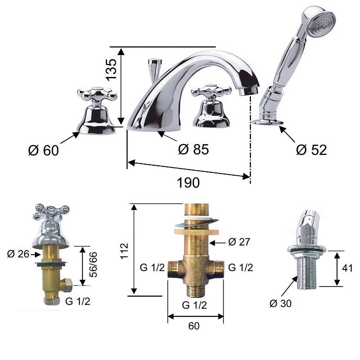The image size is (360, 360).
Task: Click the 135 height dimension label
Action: [x=112, y=69]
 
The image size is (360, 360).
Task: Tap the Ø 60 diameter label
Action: [x=44, y=150]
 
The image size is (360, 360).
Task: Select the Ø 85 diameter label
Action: [x=193, y=149]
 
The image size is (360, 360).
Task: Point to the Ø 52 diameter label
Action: [x=311, y=150]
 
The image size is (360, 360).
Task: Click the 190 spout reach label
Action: [x=188, y=183]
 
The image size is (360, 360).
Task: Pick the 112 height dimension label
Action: [x=124, y=251]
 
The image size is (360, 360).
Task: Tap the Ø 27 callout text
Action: [x=239, y=242]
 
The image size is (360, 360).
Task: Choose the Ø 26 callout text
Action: [x=18, y=254]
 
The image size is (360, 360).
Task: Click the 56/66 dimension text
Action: [x=93, y=265]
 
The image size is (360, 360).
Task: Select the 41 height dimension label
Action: [x=347, y=268]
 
